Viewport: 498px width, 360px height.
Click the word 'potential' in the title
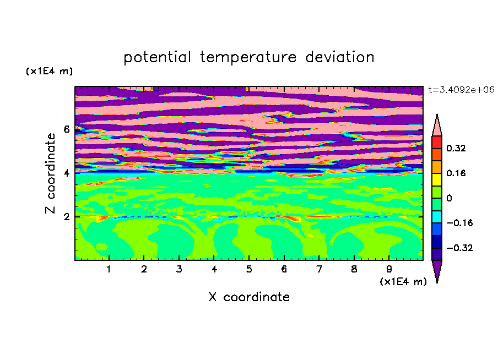click(157, 57)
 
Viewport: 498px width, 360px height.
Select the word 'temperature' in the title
click(248, 57)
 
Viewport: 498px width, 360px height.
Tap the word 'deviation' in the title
click(340, 57)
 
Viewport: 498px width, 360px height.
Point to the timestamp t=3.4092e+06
click(461, 90)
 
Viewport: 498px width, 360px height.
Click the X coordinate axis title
click(249, 297)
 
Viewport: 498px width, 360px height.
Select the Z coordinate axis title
click(51, 173)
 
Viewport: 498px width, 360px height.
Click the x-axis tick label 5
click(249, 269)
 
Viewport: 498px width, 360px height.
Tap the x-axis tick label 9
click(389, 269)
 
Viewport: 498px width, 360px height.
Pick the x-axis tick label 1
click(109, 269)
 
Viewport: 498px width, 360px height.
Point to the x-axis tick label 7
click(319, 269)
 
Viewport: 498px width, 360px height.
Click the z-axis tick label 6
click(66, 129)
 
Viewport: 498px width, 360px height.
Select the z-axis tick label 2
click(66, 217)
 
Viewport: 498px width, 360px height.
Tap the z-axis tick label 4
click(66, 173)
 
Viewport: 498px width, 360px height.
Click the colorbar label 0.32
click(456, 148)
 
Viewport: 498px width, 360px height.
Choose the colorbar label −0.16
click(459, 223)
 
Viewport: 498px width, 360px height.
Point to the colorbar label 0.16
click(456, 173)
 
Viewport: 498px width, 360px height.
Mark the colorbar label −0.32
click(459, 248)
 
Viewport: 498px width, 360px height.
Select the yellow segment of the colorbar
click(437, 179)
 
